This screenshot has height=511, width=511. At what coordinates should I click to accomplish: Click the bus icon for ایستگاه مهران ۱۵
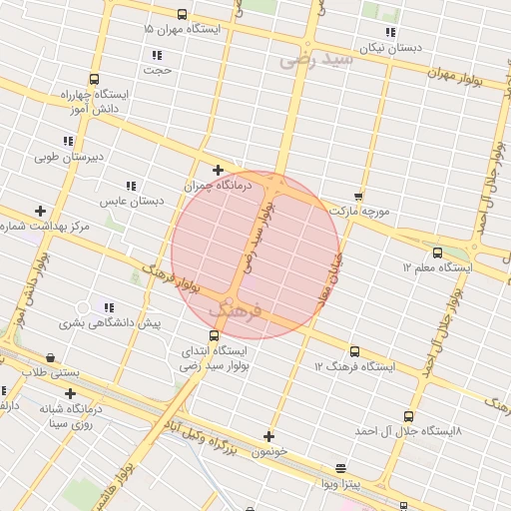coord(181,14)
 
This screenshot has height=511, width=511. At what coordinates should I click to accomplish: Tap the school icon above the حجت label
coord(156,55)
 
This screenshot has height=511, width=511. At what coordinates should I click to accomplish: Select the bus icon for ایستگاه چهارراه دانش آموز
coord(94,80)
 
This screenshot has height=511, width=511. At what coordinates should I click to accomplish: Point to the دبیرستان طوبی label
coord(69,157)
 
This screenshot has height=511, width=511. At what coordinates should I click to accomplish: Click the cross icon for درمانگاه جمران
coord(219,171)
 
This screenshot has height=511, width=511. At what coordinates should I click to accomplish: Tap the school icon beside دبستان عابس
coord(130,186)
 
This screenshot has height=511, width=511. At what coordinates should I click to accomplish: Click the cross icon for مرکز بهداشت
coord(40,211)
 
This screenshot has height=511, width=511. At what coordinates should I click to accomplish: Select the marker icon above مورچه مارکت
coord(358,196)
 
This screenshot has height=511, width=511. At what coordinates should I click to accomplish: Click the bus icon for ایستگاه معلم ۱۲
coord(436,253)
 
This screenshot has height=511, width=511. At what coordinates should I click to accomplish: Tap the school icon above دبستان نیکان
coord(390,32)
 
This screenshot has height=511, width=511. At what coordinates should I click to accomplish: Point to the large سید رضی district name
coord(317,60)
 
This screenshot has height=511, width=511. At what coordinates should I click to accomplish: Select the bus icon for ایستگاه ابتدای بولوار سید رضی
coord(216,336)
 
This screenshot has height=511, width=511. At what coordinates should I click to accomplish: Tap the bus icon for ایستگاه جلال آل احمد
coord(407,416)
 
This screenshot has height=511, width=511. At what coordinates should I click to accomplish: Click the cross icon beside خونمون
coord(268,435)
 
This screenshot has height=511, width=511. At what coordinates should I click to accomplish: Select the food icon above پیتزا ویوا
coord(340,468)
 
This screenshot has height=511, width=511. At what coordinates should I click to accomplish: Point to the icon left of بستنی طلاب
coord(50,357)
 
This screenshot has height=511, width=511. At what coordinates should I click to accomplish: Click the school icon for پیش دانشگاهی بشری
coord(109,307)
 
